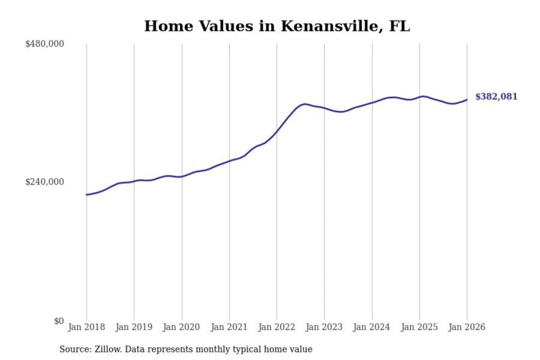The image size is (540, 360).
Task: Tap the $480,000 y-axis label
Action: [45, 44]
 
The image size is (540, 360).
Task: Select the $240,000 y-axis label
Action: [45, 182]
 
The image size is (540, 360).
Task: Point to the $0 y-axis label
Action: [59, 321]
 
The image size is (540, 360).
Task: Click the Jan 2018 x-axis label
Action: [86, 327]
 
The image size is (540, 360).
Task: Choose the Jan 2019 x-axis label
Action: [134, 327]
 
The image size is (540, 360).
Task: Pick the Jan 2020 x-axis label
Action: [181, 327]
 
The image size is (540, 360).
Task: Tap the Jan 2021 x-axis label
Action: [229, 327]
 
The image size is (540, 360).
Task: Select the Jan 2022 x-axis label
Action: [277, 327]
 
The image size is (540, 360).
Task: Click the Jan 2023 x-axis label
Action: [324, 327]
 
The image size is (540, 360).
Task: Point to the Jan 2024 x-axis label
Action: [372, 327]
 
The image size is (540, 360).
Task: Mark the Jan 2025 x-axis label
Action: [419, 327]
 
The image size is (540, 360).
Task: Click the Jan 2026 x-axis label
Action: [467, 327]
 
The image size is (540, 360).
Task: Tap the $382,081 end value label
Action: [496, 97]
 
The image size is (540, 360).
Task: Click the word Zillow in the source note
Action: [108, 349]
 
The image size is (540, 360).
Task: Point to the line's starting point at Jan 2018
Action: [87, 195]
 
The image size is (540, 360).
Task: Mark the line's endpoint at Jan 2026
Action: [467, 100]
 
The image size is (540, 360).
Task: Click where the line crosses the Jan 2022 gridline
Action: [277, 131]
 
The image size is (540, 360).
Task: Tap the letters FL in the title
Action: [399, 26]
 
